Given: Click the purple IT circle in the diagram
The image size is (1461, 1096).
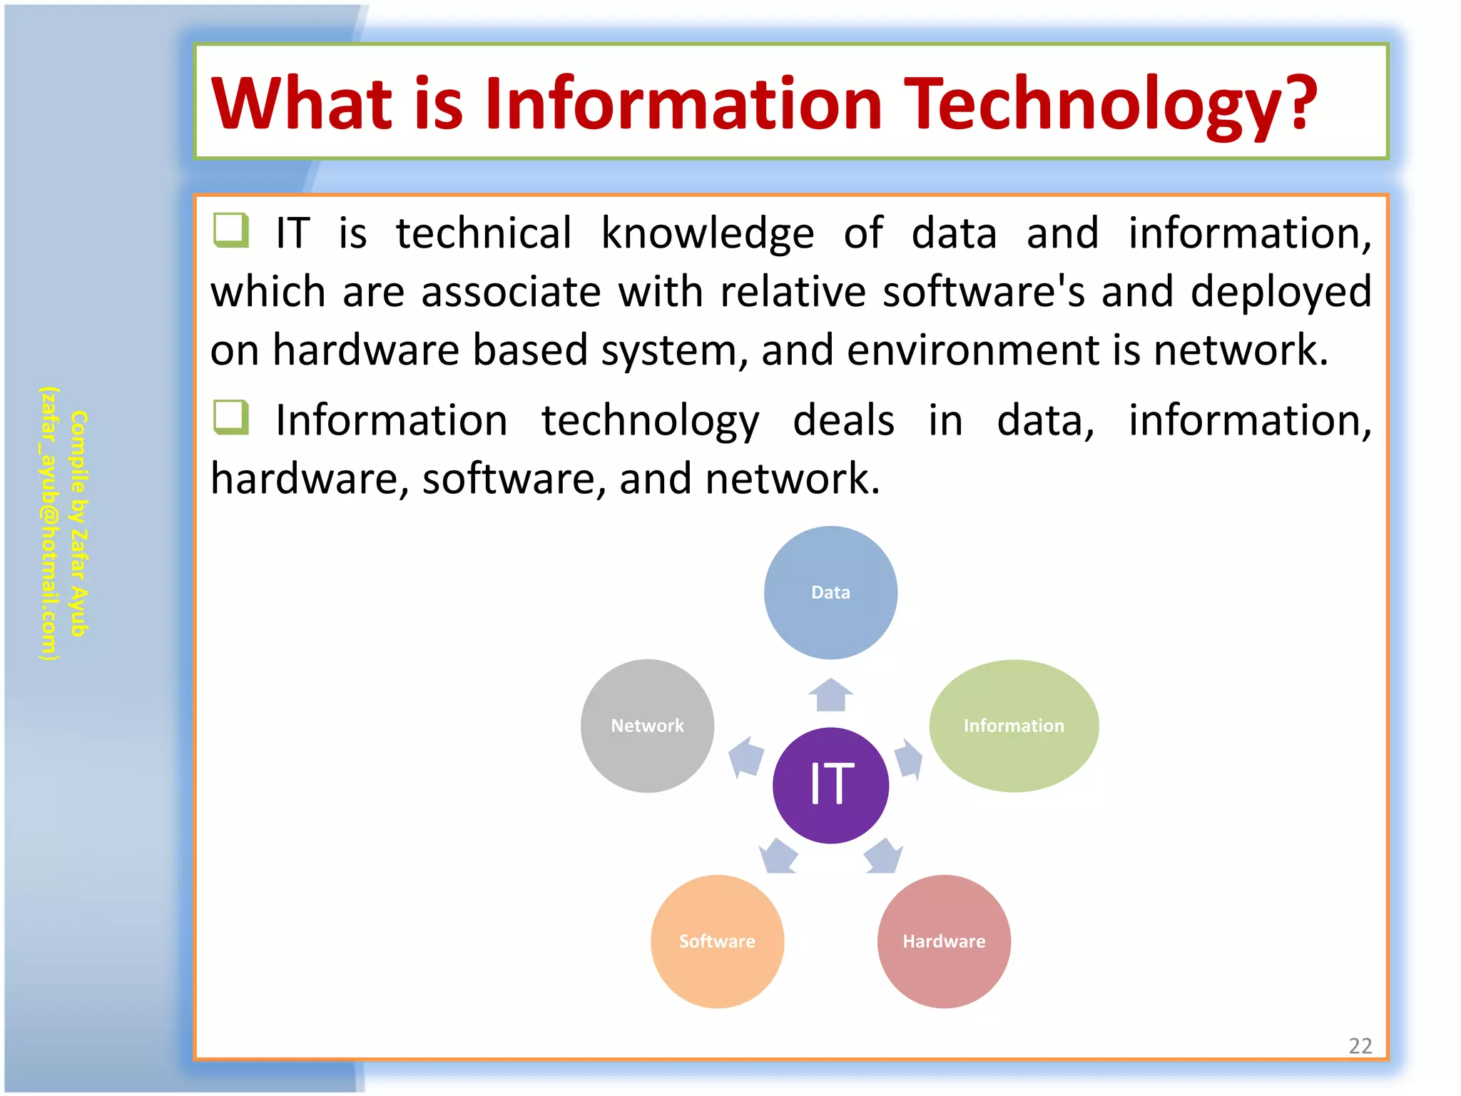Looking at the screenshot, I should point(830,785).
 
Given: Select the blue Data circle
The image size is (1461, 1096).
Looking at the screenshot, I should point(830,592).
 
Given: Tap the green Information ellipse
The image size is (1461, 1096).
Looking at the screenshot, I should point(1013,726).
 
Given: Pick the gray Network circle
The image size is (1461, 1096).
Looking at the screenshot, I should point(647,726).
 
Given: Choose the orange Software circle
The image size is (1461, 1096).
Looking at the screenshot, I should point(717,941).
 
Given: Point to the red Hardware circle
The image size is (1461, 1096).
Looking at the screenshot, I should point(944,941).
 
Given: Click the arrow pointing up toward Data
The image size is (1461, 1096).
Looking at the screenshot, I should point(830,694).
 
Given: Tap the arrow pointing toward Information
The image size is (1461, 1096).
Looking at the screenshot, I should point(908,758).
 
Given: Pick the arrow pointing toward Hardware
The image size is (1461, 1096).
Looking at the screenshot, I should point(884,856).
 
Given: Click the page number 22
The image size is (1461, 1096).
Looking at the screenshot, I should point(1360,1046).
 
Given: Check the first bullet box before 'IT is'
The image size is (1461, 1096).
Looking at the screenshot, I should point(231,230).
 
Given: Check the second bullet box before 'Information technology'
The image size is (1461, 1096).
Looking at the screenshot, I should point(231,417).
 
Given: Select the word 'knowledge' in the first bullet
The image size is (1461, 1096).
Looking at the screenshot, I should point(707,233).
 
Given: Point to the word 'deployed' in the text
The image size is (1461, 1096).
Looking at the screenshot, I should point(1281,292).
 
